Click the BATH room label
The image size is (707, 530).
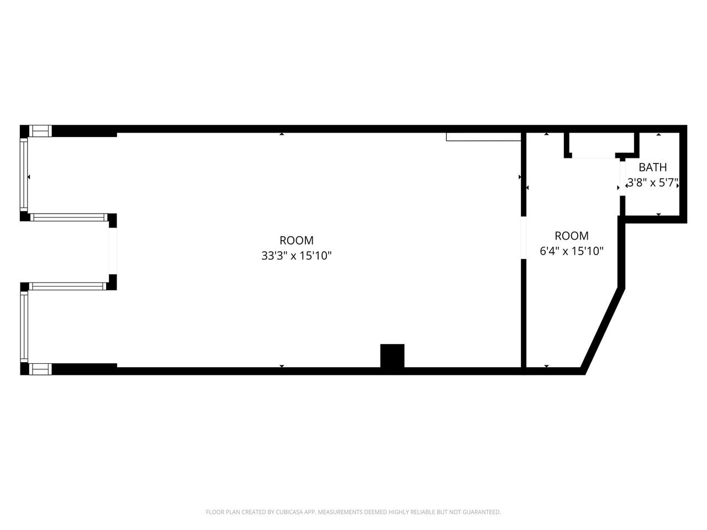click(x=652, y=167)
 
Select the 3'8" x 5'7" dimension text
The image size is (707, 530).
click(x=652, y=183)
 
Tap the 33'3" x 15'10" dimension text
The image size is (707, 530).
click(x=296, y=256)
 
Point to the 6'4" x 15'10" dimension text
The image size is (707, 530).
click(x=571, y=251)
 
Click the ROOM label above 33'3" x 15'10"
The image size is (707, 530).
click(x=296, y=240)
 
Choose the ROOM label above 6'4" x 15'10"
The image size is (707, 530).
click(x=571, y=236)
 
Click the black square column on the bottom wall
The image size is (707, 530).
click(x=392, y=356)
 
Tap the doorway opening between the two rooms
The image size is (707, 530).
click(x=524, y=237)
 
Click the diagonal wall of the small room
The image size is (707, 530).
click(x=603, y=331)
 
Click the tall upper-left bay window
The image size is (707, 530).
click(x=24, y=174)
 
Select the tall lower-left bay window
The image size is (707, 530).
click(x=24, y=326)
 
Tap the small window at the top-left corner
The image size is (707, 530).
click(x=40, y=131)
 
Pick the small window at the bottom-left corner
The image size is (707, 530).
click(x=40, y=369)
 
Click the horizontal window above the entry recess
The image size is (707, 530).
click(x=69, y=217)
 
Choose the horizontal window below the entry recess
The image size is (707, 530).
click(x=68, y=286)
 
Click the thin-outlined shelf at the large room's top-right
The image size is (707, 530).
click(x=483, y=137)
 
